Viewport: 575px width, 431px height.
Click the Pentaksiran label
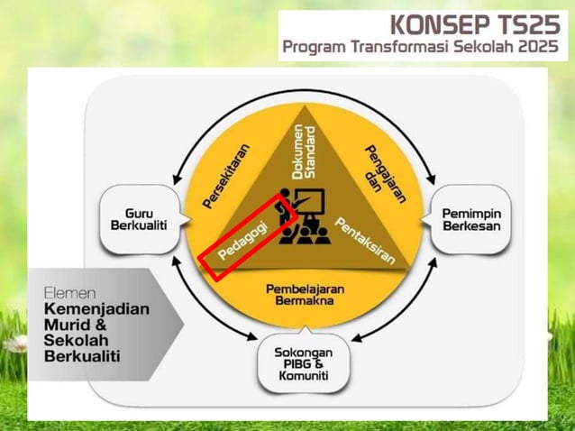click(365, 240)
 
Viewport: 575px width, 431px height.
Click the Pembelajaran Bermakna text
click(301, 294)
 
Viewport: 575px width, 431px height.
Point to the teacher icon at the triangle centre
click(301, 217)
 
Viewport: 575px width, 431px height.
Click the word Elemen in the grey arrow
click(67, 293)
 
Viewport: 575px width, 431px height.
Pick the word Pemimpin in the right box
click(471, 212)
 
